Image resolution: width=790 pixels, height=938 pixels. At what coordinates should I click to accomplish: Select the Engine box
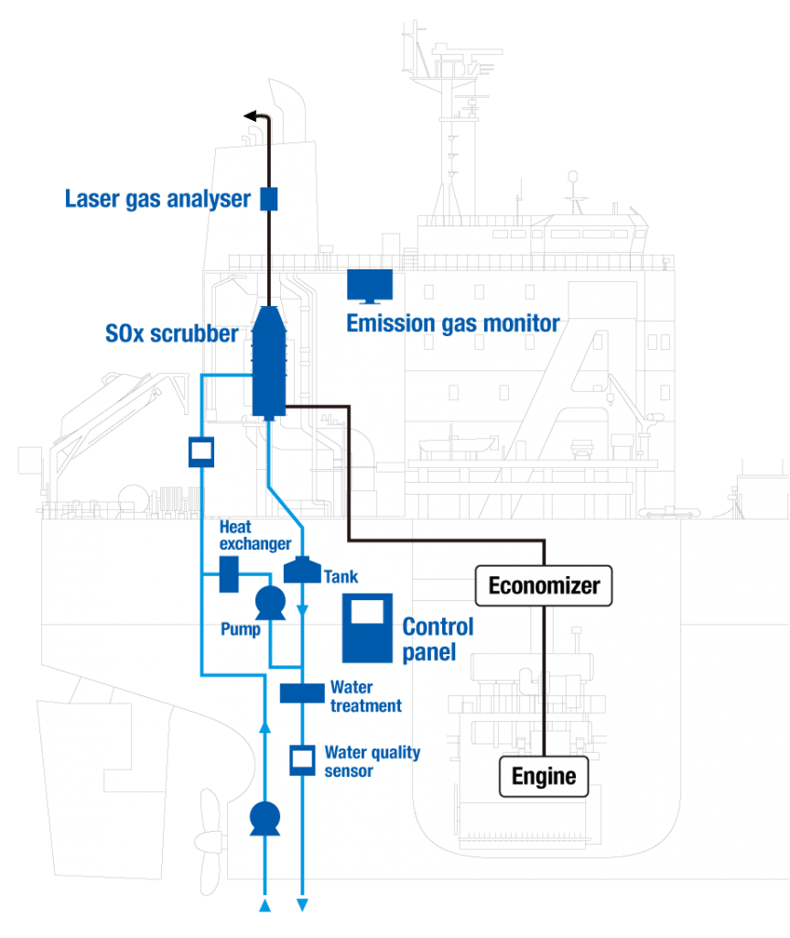pyautogui.click(x=544, y=777)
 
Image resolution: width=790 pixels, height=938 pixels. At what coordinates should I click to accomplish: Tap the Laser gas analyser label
pyautogui.click(x=157, y=198)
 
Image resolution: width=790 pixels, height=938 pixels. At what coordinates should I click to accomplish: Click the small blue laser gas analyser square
pyautogui.click(x=268, y=198)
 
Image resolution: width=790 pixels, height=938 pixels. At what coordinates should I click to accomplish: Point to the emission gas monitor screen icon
pyautogui.click(x=370, y=285)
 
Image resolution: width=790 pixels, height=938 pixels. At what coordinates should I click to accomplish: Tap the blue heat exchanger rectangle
pyautogui.click(x=229, y=574)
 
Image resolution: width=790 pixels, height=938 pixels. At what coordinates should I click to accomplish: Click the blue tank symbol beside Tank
pyautogui.click(x=301, y=570)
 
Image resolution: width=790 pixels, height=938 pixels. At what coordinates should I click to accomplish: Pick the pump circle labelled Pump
pyautogui.click(x=270, y=602)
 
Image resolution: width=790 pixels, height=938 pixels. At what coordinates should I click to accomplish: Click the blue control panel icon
pyautogui.click(x=367, y=627)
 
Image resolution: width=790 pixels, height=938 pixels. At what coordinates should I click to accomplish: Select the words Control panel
pyautogui.click(x=438, y=638)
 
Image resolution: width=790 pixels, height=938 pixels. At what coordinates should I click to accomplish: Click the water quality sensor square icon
pyautogui.click(x=302, y=759)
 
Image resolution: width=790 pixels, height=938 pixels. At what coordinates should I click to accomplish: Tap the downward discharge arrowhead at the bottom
pyautogui.click(x=303, y=906)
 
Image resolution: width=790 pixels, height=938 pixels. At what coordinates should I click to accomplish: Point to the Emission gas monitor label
pyautogui.click(x=452, y=322)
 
